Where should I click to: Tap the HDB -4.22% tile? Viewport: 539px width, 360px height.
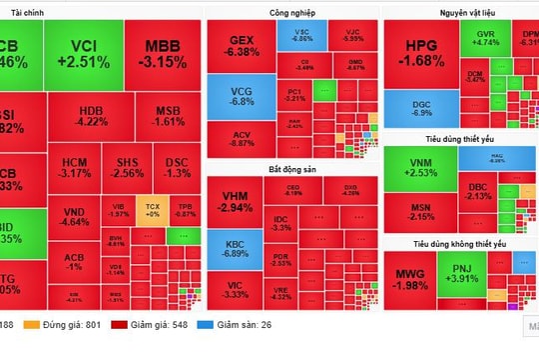92,117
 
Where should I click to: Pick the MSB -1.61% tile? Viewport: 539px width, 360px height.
170,117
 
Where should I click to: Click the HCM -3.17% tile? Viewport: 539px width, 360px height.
75,167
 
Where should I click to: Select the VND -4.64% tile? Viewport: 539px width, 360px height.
73,217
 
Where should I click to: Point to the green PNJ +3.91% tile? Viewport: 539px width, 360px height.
464,276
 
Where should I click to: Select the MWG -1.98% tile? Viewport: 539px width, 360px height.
410,281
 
